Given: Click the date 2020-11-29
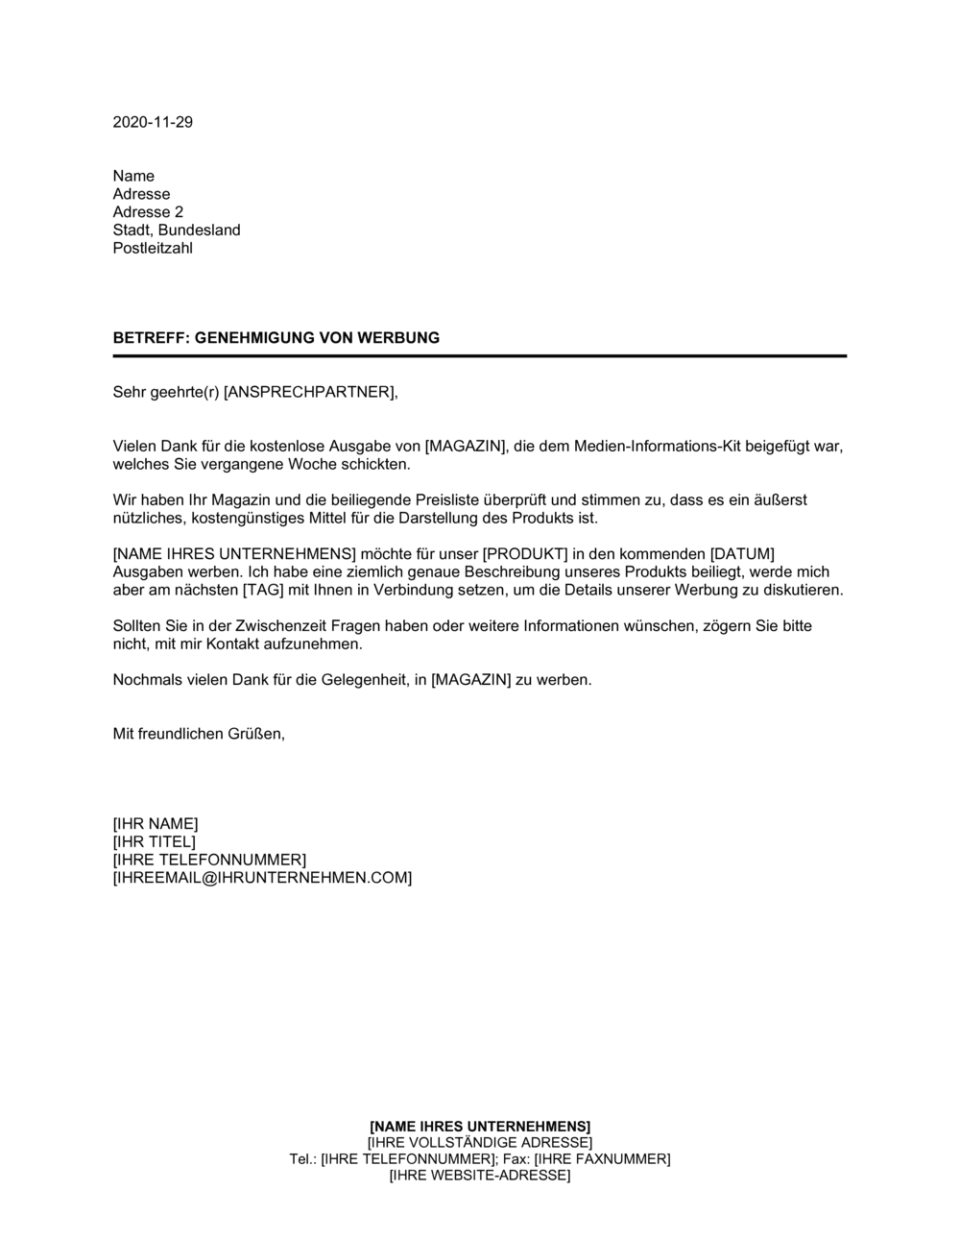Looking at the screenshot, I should pyautogui.click(x=153, y=122).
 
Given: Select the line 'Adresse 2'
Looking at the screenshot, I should pyautogui.click(x=148, y=212).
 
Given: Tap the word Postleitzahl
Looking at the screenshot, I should pyautogui.click(x=153, y=249).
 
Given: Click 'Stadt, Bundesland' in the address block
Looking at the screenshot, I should pyautogui.click(x=177, y=231).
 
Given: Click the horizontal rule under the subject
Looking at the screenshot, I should pyautogui.click(x=480, y=356).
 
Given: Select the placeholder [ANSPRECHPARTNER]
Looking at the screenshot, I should pyautogui.click(x=309, y=392).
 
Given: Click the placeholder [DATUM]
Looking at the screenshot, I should pyautogui.click(x=742, y=554).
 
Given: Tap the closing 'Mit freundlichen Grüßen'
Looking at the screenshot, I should pyautogui.click(x=199, y=734).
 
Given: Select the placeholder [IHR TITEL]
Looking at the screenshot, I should pyautogui.click(x=155, y=842).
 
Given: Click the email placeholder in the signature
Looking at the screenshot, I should pyautogui.click(x=262, y=878).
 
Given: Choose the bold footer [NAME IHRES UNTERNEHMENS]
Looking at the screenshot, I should pyautogui.click(x=480, y=1126).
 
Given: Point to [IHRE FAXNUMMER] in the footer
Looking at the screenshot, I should pyautogui.click(x=602, y=1159).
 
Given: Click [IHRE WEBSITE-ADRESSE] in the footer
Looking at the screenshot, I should pyautogui.click(x=480, y=1176).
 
